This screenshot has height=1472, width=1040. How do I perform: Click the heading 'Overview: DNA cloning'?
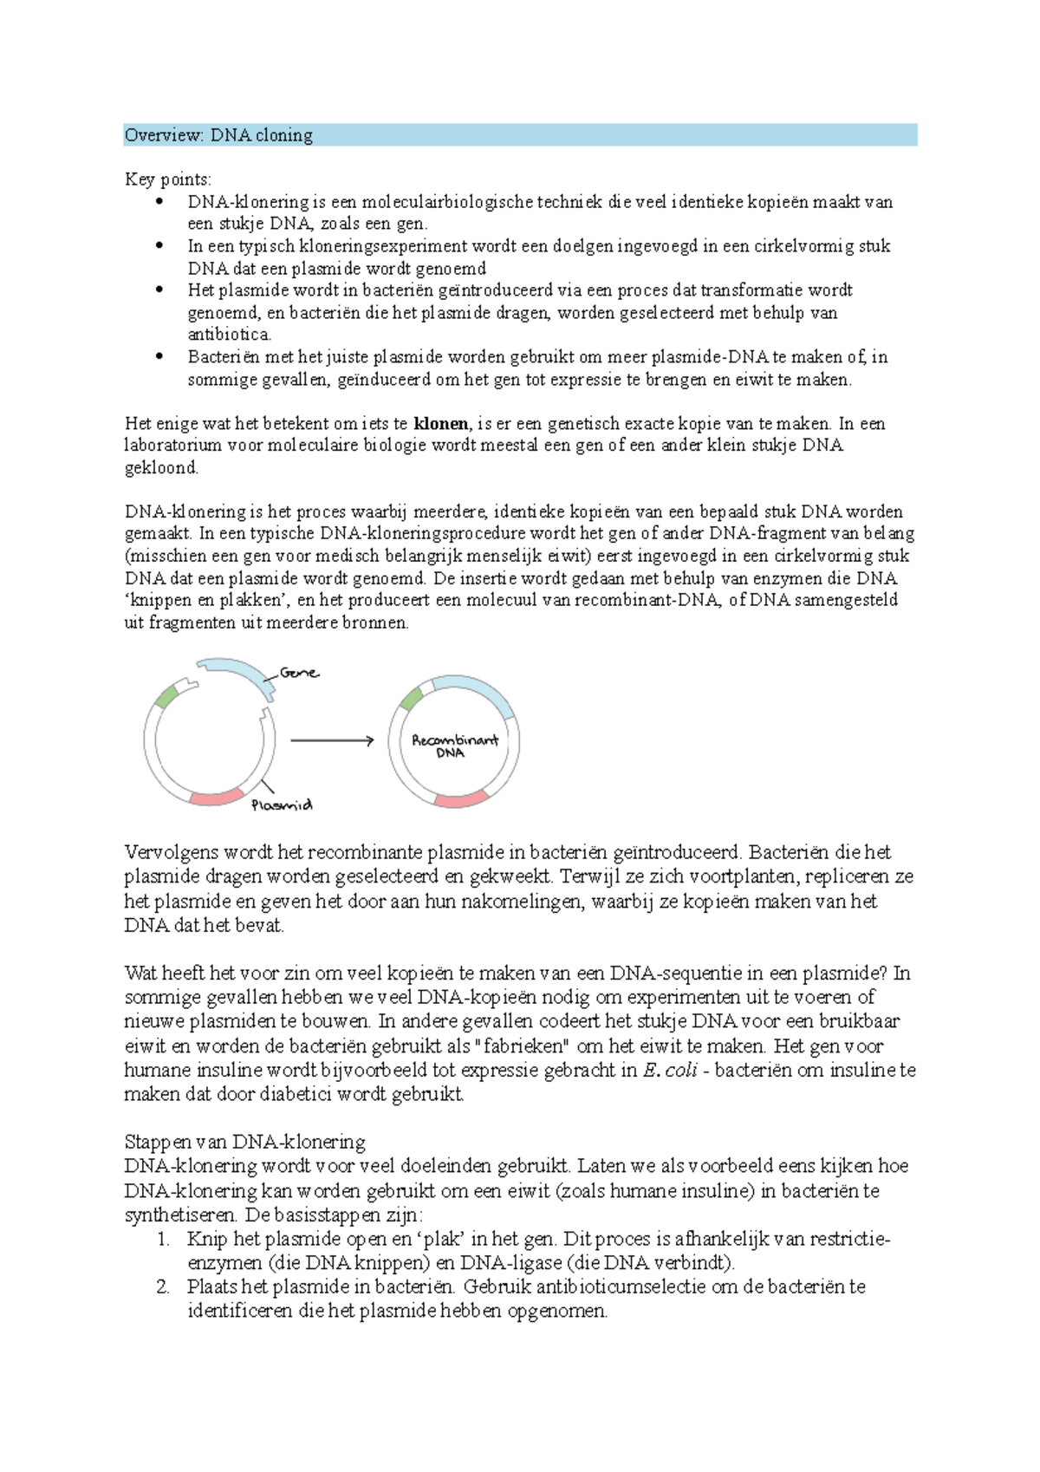click(x=218, y=135)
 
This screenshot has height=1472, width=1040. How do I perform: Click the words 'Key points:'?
click(x=168, y=179)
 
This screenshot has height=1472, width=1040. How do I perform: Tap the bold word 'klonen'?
click(x=441, y=424)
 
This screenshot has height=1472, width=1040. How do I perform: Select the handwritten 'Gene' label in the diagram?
click(x=299, y=673)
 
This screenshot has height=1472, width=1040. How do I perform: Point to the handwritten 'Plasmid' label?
click(x=282, y=805)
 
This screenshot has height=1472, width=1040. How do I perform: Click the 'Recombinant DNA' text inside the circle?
click(x=454, y=746)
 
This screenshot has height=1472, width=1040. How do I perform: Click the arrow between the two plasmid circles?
click(x=331, y=740)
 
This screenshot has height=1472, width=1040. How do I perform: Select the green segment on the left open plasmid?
click(x=166, y=696)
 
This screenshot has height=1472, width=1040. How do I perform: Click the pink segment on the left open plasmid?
click(x=217, y=798)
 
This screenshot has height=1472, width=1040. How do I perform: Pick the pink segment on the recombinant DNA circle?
click(x=461, y=799)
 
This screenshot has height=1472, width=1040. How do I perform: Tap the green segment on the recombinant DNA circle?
click(x=410, y=698)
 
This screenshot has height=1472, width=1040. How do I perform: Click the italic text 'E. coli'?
click(x=669, y=1071)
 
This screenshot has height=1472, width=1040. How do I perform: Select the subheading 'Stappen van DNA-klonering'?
click(x=245, y=1142)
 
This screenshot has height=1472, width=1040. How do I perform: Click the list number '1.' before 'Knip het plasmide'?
click(x=163, y=1239)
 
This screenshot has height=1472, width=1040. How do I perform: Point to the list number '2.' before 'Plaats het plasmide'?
click(x=163, y=1287)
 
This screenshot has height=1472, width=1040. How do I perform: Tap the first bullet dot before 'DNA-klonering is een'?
click(x=159, y=202)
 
